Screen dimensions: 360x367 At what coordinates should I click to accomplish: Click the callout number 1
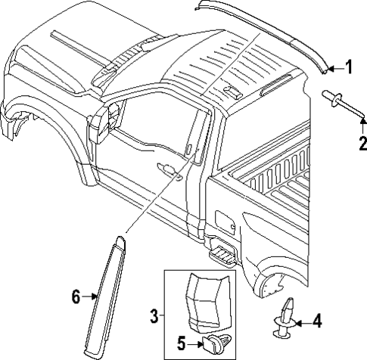(350, 68)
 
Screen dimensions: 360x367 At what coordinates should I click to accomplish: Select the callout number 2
(362, 142)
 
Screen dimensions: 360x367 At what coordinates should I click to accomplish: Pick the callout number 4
(316, 321)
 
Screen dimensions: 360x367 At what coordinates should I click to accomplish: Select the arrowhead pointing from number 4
(296, 321)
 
